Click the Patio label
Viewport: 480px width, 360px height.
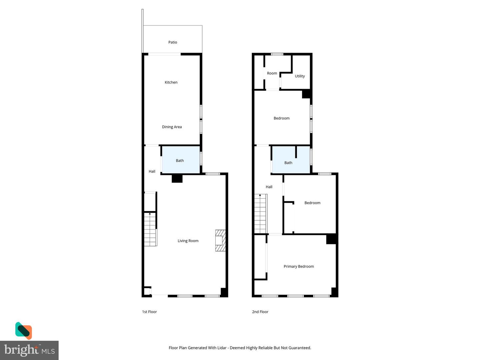(x=173, y=42)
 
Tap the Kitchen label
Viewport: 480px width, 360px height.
(x=171, y=82)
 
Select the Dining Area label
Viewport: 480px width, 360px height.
(x=172, y=127)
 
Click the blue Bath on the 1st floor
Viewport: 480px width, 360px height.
(x=180, y=160)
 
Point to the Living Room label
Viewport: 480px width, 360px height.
(x=188, y=241)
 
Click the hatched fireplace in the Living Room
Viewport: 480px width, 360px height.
(x=220, y=240)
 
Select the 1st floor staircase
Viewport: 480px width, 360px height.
(x=150, y=229)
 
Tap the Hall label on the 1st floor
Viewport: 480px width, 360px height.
(x=152, y=171)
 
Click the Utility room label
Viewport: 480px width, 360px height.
(x=300, y=76)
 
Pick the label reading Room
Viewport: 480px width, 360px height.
(x=272, y=73)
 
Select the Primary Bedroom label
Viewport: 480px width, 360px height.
(x=299, y=266)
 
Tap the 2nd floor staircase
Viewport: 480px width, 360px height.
(x=260, y=214)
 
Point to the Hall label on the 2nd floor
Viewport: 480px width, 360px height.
(x=269, y=187)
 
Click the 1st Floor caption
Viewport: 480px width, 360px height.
(x=149, y=312)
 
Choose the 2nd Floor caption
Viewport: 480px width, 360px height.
(x=260, y=312)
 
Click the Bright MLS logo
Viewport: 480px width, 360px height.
(x=29, y=350)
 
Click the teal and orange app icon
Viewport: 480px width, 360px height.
(x=24, y=330)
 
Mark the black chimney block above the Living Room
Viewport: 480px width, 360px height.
(x=177, y=178)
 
